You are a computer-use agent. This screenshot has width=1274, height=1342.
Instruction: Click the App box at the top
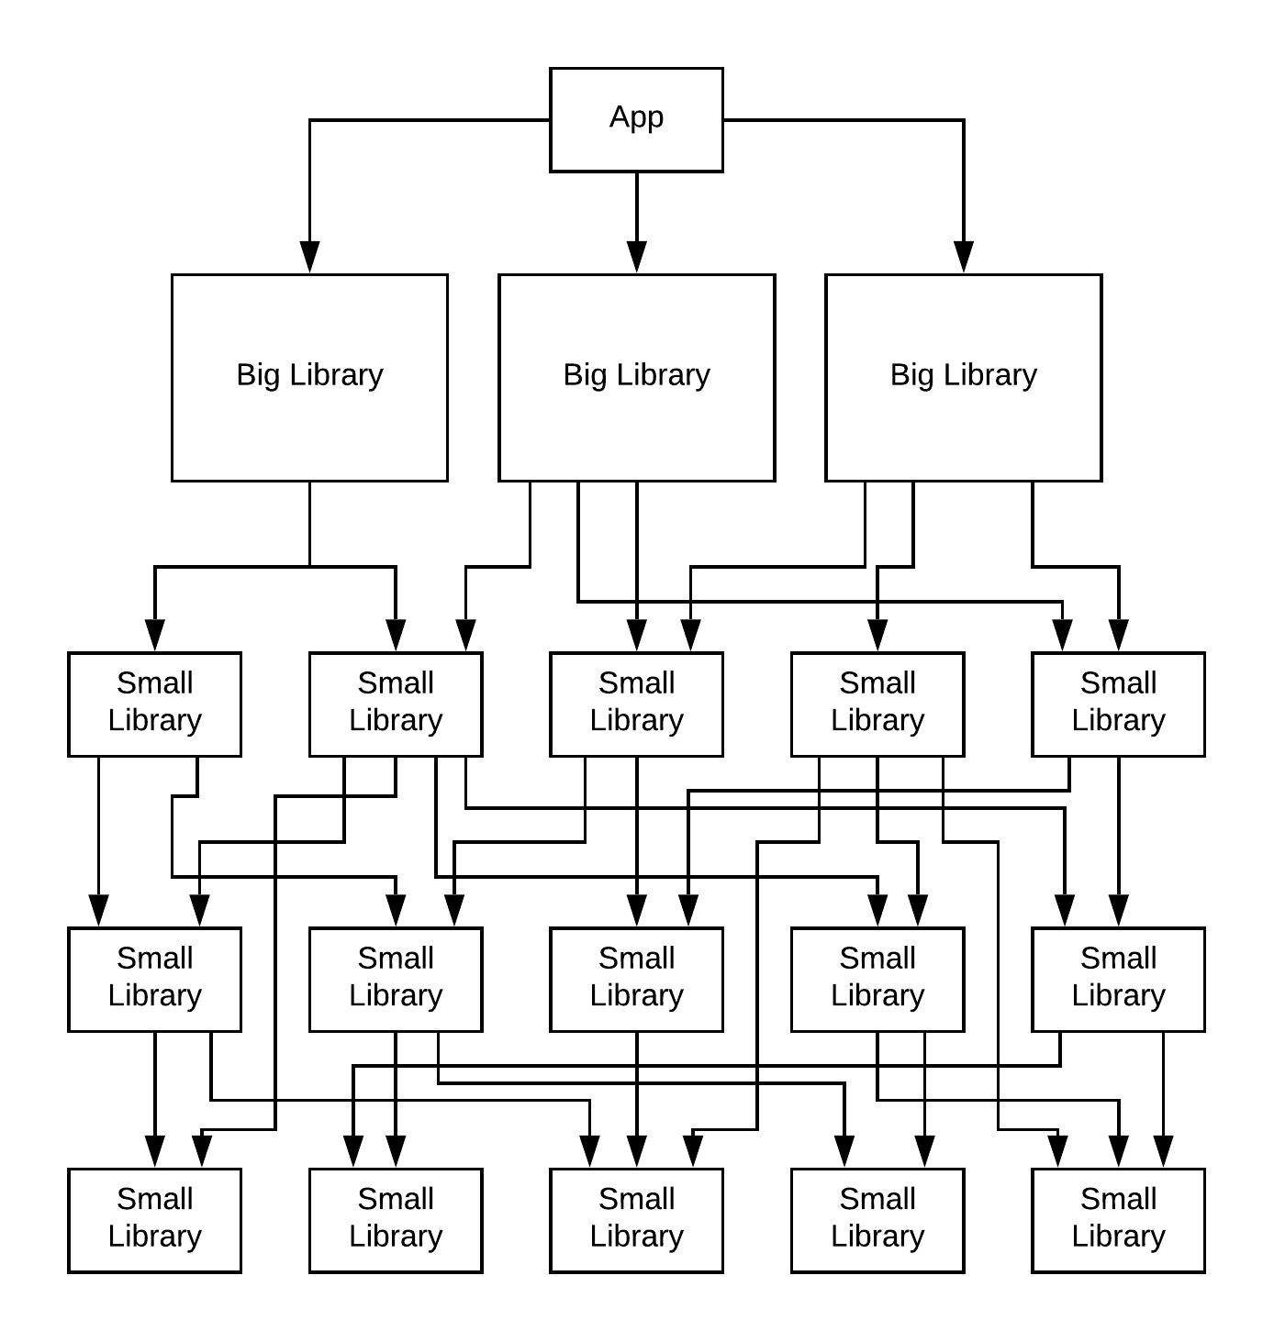(636, 119)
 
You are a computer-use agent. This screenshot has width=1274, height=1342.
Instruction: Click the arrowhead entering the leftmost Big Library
(310, 256)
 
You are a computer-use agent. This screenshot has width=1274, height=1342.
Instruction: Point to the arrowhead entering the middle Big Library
(637, 256)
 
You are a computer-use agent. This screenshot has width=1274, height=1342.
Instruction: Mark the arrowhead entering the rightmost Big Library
(963, 256)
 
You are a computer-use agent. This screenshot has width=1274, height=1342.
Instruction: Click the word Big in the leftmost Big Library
(258, 375)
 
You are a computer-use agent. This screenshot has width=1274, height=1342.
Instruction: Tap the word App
(636, 117)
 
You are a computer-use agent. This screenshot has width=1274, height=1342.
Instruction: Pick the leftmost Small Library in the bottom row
(154, 1220)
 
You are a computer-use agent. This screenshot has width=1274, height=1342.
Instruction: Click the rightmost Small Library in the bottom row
(1118, 1220)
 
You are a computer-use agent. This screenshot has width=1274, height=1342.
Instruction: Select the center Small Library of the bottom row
(636, 1220)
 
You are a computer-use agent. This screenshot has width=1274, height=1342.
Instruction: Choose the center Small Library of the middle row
(636, 979)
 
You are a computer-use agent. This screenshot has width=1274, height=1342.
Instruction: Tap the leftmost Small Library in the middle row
(154, 979)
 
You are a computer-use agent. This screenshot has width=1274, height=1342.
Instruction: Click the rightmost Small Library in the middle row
(1118, 979)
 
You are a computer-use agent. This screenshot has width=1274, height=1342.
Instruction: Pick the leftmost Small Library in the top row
(154, 704)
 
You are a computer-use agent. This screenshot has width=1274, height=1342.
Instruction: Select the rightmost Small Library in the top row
(1118, 704)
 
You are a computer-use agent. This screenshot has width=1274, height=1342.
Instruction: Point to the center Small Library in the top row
(636, 704)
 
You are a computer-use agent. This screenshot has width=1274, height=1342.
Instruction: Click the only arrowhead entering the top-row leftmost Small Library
(155, 635)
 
